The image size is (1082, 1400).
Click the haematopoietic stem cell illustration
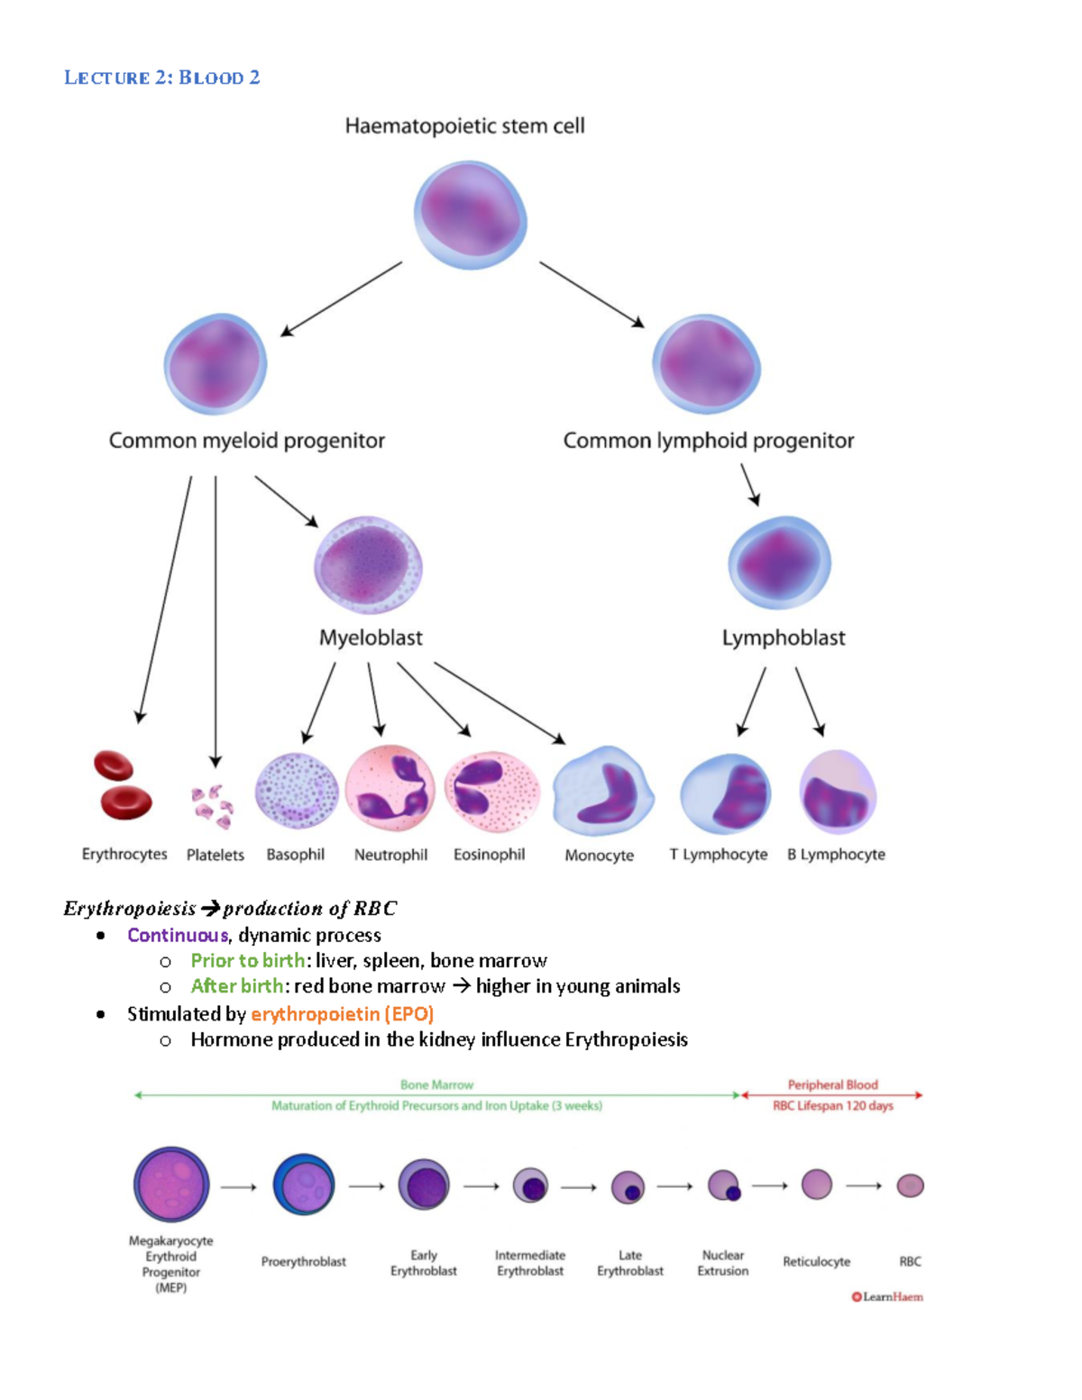tap(470, 215)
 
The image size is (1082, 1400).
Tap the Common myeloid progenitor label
tap(246, 441)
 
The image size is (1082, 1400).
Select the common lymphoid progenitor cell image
tap(706, 365)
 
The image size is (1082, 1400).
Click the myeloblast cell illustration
tap(368, 565)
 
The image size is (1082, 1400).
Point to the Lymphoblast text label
tap(783, 638)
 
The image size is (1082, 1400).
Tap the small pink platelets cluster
tap(212, 805)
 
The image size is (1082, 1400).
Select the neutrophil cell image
tap(390, 789)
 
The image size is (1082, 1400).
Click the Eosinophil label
tap(489, 855)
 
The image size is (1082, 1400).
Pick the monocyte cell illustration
tap(602, 791)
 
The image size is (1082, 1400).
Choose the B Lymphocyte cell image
tap(837, 792)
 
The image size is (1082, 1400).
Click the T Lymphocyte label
tap(718, 855)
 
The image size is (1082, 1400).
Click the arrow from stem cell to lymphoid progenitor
tap(591, 294)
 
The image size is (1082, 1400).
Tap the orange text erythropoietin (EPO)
tap(342, 1014)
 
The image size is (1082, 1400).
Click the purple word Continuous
tap(178, 935)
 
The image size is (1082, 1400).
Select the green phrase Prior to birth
tap(247, 961)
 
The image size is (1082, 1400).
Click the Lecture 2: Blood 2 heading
tap(162, 78)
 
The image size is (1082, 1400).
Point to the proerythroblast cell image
tap(304, 1184)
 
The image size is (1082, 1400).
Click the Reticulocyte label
tap(816, 1262)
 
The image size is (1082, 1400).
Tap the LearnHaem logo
tap(887, 1297)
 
